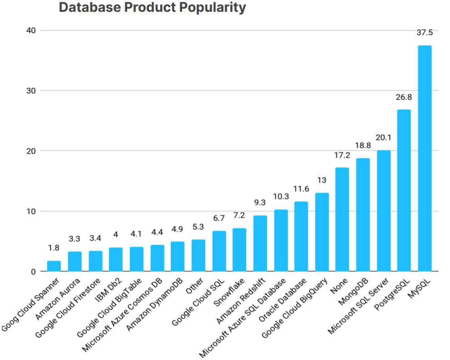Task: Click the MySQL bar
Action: coord(425,158)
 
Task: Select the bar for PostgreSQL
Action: coord(404,191)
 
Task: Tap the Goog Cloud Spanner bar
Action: coord(54,266)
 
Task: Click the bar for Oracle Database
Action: coord(301,237)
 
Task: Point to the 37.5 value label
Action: coord(425,33)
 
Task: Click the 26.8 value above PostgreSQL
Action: coord(404,97)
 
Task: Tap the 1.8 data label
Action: coord(54,248)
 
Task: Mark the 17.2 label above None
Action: coord(342,155)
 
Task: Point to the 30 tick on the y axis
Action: coord(30,90)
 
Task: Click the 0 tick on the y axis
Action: coord(33,271)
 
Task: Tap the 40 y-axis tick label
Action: coord(30,30)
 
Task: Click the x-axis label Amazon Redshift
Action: coord(242,301)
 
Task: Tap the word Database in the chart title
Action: coord(86,8)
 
